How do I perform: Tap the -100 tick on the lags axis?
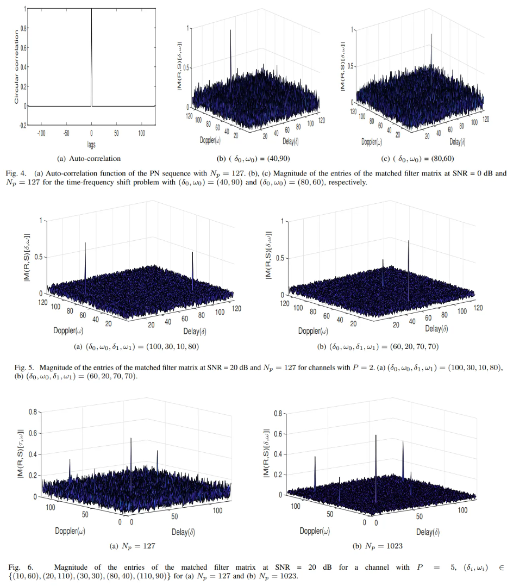pyautogui.click(x=41, y=132)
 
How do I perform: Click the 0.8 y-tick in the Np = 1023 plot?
pyautogui.click(x=276, y=414)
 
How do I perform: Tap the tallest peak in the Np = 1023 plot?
pyautogui.click(x=376, y=436)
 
